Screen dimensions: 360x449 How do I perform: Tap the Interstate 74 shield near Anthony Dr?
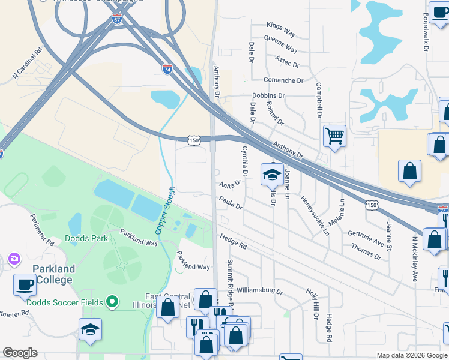[x=167, y=70]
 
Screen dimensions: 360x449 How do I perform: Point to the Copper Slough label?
[x=165, y=210]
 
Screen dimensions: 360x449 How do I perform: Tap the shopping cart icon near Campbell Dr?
[x=334, y=135]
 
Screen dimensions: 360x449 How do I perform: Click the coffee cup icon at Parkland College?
[x=25, y=284]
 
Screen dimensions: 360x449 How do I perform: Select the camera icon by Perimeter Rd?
[x=13, y=259]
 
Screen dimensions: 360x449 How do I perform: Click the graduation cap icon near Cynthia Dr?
[x=271, y=174]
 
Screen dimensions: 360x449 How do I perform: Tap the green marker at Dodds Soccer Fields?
[x=112, y=301]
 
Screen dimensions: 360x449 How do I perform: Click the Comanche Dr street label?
[x=283, y=80]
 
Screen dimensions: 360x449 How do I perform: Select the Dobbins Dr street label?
[x=268, y=95]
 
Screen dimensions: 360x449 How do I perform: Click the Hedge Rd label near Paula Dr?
[x=233, y=242]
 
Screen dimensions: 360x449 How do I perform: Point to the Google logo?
[x=20, y=353]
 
